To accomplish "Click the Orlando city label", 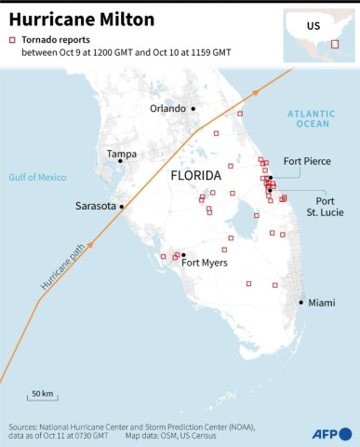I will (168, 109).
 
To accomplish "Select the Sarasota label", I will (95, 206).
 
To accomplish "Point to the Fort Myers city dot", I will (183, 254).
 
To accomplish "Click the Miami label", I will (322, 303).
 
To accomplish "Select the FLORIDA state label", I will (196, 175).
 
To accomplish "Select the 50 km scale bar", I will (41, 400).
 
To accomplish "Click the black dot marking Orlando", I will (193, 109).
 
